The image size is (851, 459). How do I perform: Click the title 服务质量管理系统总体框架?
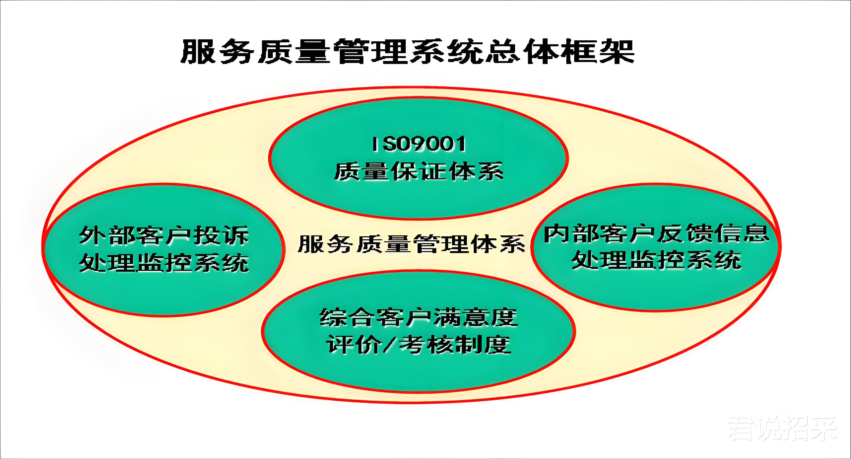[407, 51]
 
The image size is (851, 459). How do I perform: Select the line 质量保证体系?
[419, 171]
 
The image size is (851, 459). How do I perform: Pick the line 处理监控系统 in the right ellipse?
[657, 260]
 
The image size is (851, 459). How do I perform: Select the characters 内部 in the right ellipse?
[572, 233]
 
